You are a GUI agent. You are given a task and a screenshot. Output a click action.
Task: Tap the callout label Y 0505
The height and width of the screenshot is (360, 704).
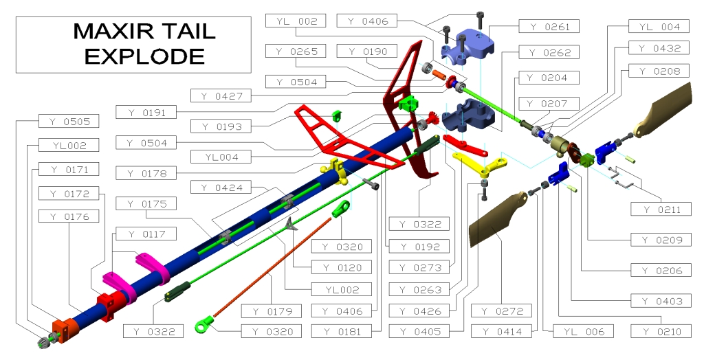[x=69, y=121]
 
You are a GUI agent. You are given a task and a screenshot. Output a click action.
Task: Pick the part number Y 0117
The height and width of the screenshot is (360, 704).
[x=145, y=234]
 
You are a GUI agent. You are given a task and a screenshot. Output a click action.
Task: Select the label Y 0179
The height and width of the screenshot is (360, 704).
[x=272, y=311]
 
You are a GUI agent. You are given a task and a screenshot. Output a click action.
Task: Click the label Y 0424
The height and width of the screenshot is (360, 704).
[x=223, y=187]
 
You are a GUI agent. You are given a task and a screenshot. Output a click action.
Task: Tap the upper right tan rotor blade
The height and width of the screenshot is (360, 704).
[x=670, y=110]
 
